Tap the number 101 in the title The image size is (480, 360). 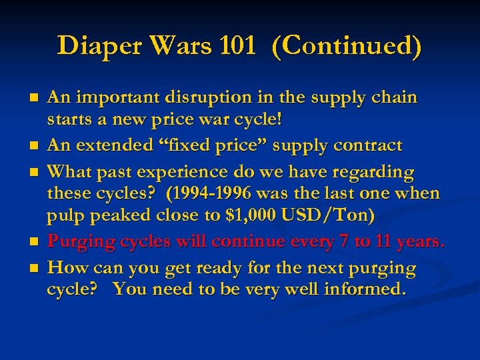(x=241, y=46)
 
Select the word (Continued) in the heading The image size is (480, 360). (x=347, y=47)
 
